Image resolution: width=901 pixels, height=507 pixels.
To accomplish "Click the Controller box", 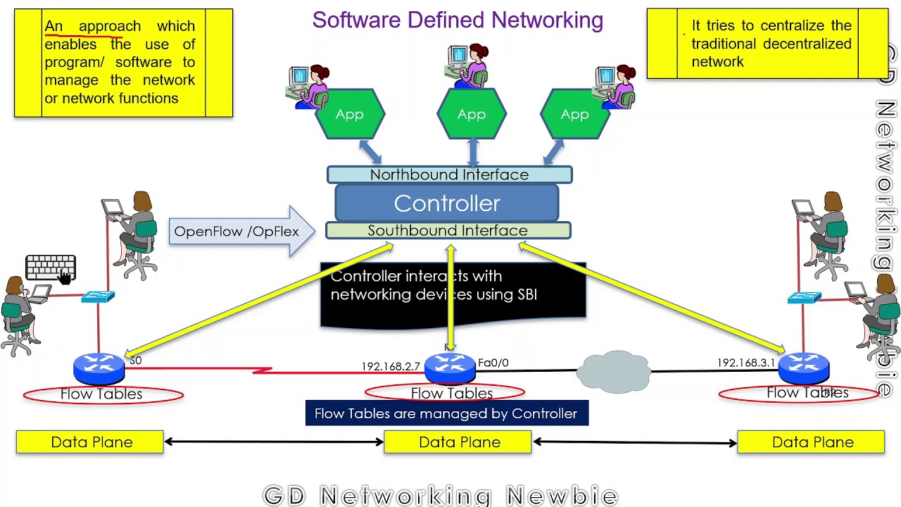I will [x=447, y=204].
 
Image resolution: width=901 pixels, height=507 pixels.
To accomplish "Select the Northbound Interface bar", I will [x=449, y=175].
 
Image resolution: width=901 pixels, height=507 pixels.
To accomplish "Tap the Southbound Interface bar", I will [x=448, y=231].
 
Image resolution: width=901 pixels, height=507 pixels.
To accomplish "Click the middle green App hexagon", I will [x=472, y=114].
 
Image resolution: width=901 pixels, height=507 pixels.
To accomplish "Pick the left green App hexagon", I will [x=350, y=114].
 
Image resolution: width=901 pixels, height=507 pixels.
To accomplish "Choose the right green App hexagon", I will [x=574, y=114].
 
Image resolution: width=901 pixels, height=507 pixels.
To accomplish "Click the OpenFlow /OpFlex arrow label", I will [x=237, y=232].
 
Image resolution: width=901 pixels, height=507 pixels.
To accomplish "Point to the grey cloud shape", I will [x=613, y=371].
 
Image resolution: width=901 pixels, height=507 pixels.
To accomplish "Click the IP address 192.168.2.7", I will [x=390, y=366].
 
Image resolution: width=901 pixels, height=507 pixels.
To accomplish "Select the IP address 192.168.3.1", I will [x=745, y=363].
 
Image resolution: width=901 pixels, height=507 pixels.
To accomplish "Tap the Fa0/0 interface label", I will [x=493, y=363].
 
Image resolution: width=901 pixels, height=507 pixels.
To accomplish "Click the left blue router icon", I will [x=99, y=367].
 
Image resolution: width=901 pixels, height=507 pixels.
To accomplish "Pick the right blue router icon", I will [x=804, y=367].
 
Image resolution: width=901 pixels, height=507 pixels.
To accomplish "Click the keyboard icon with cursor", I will [x=51, y=268].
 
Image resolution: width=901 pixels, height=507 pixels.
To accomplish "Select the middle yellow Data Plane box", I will [x=458, y=442].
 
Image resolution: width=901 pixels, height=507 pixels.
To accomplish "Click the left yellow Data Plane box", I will [x=90, y=442].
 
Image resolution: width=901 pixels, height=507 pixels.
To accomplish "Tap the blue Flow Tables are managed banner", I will [x=446, y=413].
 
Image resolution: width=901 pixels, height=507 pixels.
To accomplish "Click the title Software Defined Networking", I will [x=458, y=20].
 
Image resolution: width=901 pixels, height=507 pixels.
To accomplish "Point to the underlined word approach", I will [x=109, y=26].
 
